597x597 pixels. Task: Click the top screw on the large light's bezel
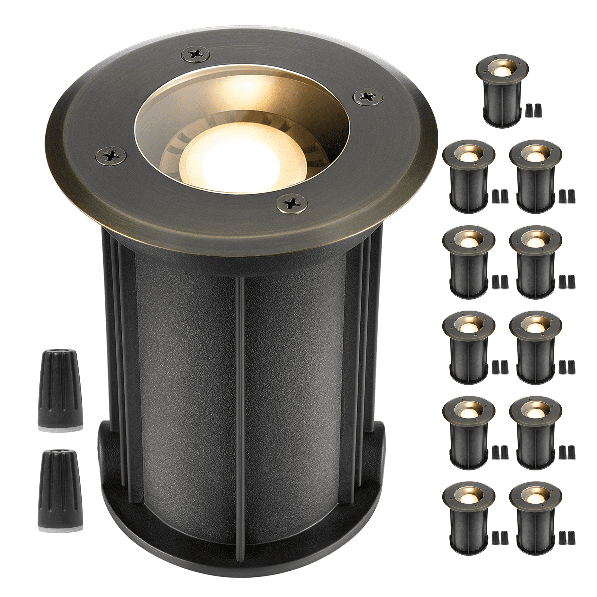click(194, 55)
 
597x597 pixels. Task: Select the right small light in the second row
click(536, 175)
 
